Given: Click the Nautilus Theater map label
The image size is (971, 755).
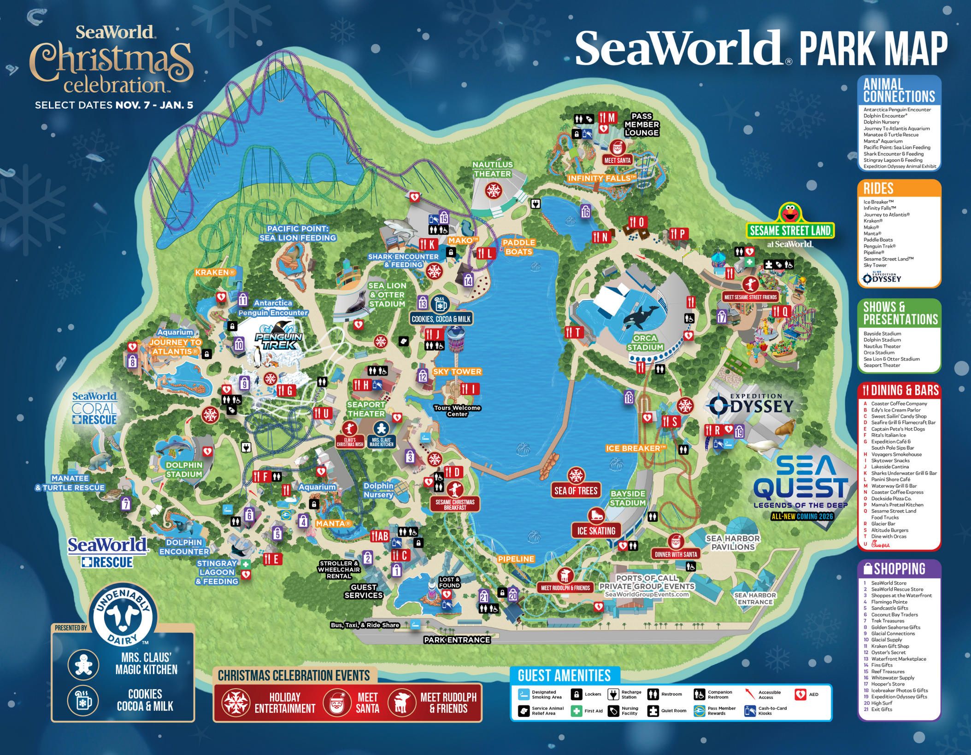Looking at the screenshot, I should [x=492, y=169].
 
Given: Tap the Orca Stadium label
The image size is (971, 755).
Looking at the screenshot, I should [x=645, y=343].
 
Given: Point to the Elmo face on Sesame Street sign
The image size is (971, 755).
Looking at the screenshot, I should [x=790, y=214].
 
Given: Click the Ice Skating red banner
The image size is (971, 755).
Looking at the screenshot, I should [x=596, y=530].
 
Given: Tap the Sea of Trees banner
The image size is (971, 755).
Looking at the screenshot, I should [x=576, y=491].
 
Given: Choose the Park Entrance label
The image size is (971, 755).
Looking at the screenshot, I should [x=457, y=639].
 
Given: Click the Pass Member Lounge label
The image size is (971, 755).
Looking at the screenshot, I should [x=641, y=124].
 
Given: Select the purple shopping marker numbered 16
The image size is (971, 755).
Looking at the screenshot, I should [x=585, y=212].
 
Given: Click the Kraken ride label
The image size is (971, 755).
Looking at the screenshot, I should [x=215, y=273].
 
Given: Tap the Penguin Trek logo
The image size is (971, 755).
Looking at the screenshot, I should [x=278, y=341].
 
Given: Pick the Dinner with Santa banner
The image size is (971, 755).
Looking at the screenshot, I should [x=676, y=554].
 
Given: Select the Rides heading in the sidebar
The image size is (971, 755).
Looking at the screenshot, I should [x=878, y=188].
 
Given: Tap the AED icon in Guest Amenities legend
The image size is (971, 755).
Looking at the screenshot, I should [x=800, y=694].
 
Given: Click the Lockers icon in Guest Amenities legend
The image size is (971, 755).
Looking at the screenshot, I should [x=576, y=694].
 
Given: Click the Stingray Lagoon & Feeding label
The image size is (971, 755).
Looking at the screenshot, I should [x=217, y=572].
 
